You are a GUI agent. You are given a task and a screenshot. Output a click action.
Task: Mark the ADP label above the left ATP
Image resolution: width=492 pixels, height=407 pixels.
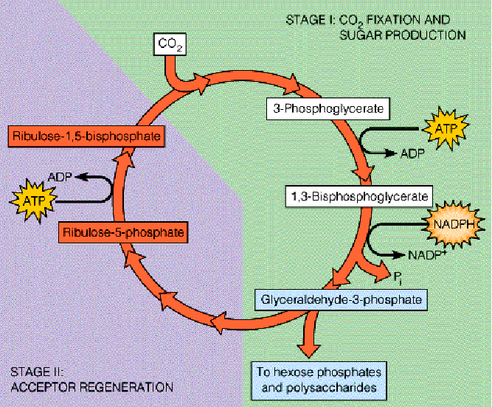pos(59,178)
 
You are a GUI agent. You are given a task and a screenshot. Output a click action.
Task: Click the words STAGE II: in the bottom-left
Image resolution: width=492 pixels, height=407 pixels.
pos(37,371)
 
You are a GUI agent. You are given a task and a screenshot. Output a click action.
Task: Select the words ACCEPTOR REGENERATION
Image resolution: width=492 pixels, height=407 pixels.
pos(89,386)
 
